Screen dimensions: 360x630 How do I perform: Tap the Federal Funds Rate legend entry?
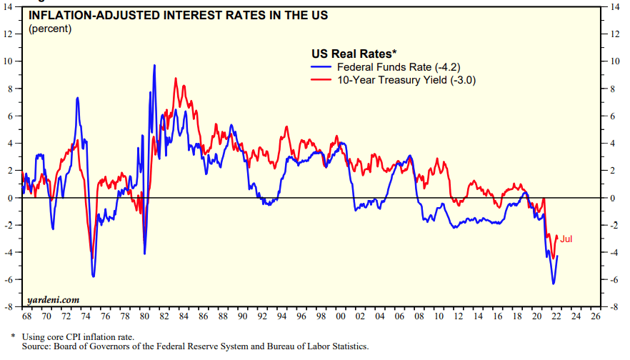(401, 66)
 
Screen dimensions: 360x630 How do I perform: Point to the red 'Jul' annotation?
(566, 239)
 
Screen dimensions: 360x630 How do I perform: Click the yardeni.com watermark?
(54, 299)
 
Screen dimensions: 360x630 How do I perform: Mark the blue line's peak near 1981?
(154, 65)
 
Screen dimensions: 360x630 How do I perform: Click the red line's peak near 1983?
(176, 78)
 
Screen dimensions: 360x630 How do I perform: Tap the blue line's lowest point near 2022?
(553, 284)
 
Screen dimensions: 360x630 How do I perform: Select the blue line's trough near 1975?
(94, 276)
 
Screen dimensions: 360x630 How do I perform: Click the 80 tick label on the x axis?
(144, 316)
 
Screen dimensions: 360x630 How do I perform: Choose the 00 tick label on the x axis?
(341, 316)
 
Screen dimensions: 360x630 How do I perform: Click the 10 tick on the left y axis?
(11, 61)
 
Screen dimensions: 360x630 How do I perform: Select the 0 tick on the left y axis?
(13, 198)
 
